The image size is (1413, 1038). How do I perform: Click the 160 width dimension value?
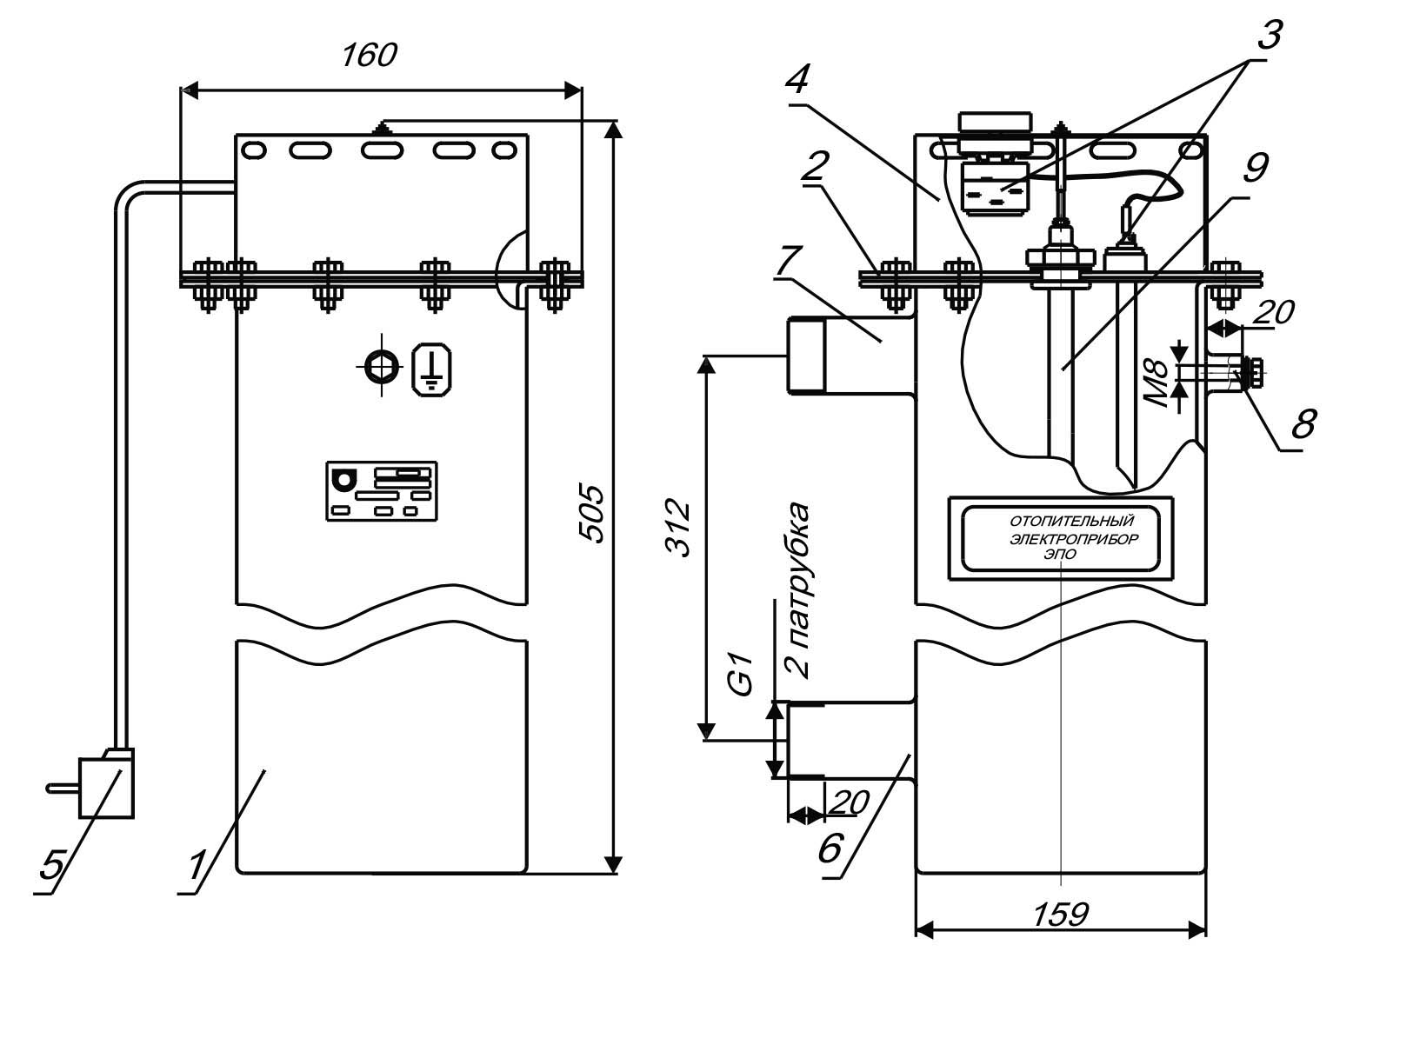(368, 56)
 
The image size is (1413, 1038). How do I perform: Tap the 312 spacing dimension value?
(677, 528)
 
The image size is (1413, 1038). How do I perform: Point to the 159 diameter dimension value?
(1061, 914)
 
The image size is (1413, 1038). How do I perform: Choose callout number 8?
(1303, 423)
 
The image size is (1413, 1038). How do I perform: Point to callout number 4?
(796, 80)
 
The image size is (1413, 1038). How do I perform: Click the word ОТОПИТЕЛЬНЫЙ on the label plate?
(1072, 521)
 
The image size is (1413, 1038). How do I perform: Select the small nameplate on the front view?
(381, 491)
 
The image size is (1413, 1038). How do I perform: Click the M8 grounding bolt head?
(1252, 373)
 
